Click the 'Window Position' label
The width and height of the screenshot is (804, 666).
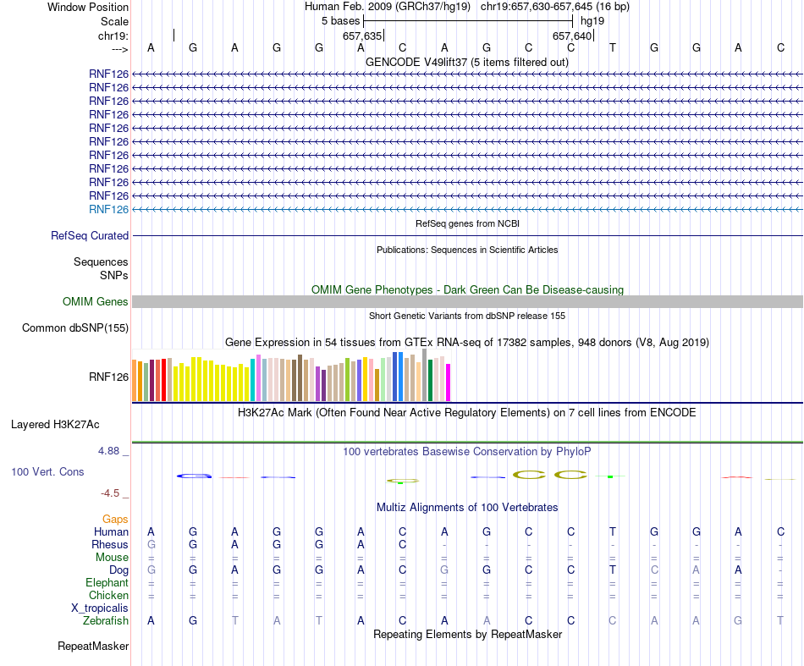click(x=88, y=7)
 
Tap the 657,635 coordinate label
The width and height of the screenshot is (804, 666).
click(x=362, y=36)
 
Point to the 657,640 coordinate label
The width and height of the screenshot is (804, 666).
click(x=572, y=36)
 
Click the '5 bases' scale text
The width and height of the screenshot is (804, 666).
click(x=339, y=20)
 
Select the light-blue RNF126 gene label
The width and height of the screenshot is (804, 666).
click(x=108, y=209)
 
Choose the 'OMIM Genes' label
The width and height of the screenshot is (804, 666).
click(x=96, y=302)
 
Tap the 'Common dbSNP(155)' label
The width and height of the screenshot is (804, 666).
click(x=75, y=328)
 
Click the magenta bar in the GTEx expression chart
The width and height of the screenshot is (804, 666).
click(x=449, y=382)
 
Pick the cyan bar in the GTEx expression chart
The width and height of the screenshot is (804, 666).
click(x=253, y=379)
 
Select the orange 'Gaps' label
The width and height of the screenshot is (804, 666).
click(x=115, y=519)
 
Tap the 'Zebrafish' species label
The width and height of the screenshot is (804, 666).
click(x=106, y=621)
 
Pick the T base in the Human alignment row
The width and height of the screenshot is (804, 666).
click(x=613, y=532)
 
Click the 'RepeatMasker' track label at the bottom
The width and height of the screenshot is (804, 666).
click(x=93, y=647)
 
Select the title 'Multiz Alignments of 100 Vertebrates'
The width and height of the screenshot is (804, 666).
click(x=467, y=508)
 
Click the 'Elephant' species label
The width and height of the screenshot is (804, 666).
click(x=107, y=583)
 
